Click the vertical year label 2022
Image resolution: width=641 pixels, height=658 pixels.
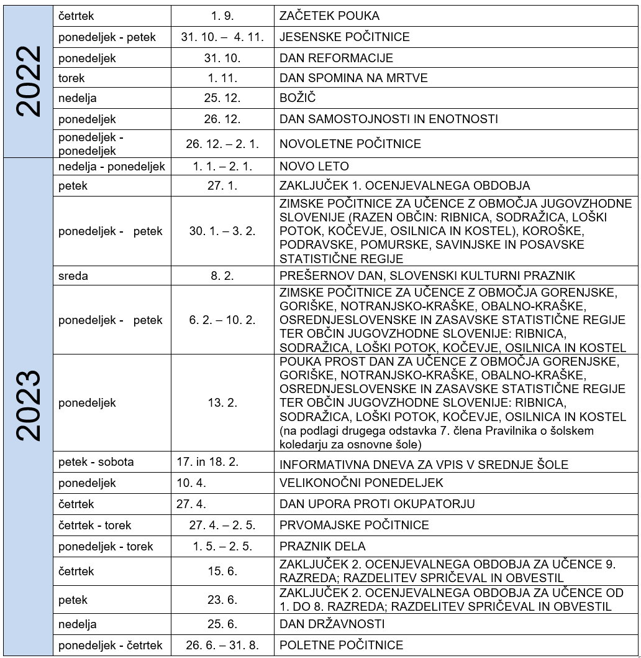pyautogui.click(x=28, y=81)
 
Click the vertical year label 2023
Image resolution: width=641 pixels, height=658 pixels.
pyautogui.click(x=28, y=405)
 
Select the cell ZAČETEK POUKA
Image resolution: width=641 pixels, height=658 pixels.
pyautogui.click(x=329, y=16)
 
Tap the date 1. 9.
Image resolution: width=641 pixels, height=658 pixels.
pyautogui.click(x=222, y=16)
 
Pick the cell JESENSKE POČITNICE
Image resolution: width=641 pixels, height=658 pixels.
pyautogui.click(x=345, y=37)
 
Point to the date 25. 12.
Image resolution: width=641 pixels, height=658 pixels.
pyautogui.click(x=222, y=98)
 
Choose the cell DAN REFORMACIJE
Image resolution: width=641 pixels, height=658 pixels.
pyautogui.click(x=336, y=58)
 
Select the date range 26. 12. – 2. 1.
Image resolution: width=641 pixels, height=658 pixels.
pyautogui.click(x=222, y=144)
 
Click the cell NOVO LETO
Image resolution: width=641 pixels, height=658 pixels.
pyautogui.click(x=314, y=166)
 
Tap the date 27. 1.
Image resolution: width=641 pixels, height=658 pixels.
pyautogui.click(x=222, y=185)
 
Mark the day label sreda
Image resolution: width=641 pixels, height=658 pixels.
pyautogui.click(x=73, y=276)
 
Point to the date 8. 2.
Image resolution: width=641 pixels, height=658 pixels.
pyautogui.click(x=222, y=276)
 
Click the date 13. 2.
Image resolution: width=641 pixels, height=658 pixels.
pyautogui.click(x=222, y=403)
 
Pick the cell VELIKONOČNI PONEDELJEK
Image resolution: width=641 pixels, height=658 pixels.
pyautogui.click(x=361, y=483)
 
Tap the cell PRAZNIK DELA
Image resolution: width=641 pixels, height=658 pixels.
pyautogui.click(x=322, y=546)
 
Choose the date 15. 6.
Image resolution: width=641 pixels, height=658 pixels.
pyautogui.click(x=222, y=571)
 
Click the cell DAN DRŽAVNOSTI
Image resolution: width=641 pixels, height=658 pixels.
pyautogui.click(x=332, y=624)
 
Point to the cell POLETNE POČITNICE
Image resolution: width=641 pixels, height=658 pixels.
pyautogui.click(x=341, y=645)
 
